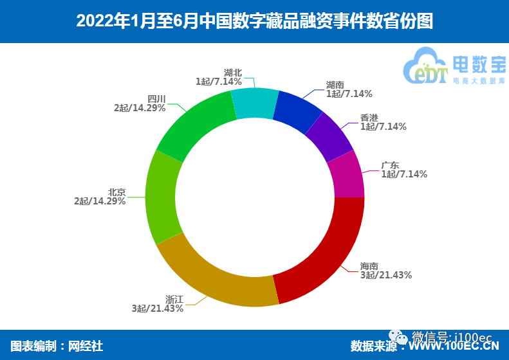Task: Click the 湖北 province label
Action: pos(233,73)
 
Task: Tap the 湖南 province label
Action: pos(335,85)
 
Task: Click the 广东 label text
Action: pos(391,165)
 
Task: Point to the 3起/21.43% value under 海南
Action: pos(386,275)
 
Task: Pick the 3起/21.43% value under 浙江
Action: pos(158,309)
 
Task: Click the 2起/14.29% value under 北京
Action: pos(100,201)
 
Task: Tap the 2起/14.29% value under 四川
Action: pos(140,108)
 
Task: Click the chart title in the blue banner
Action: pos(254,21)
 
